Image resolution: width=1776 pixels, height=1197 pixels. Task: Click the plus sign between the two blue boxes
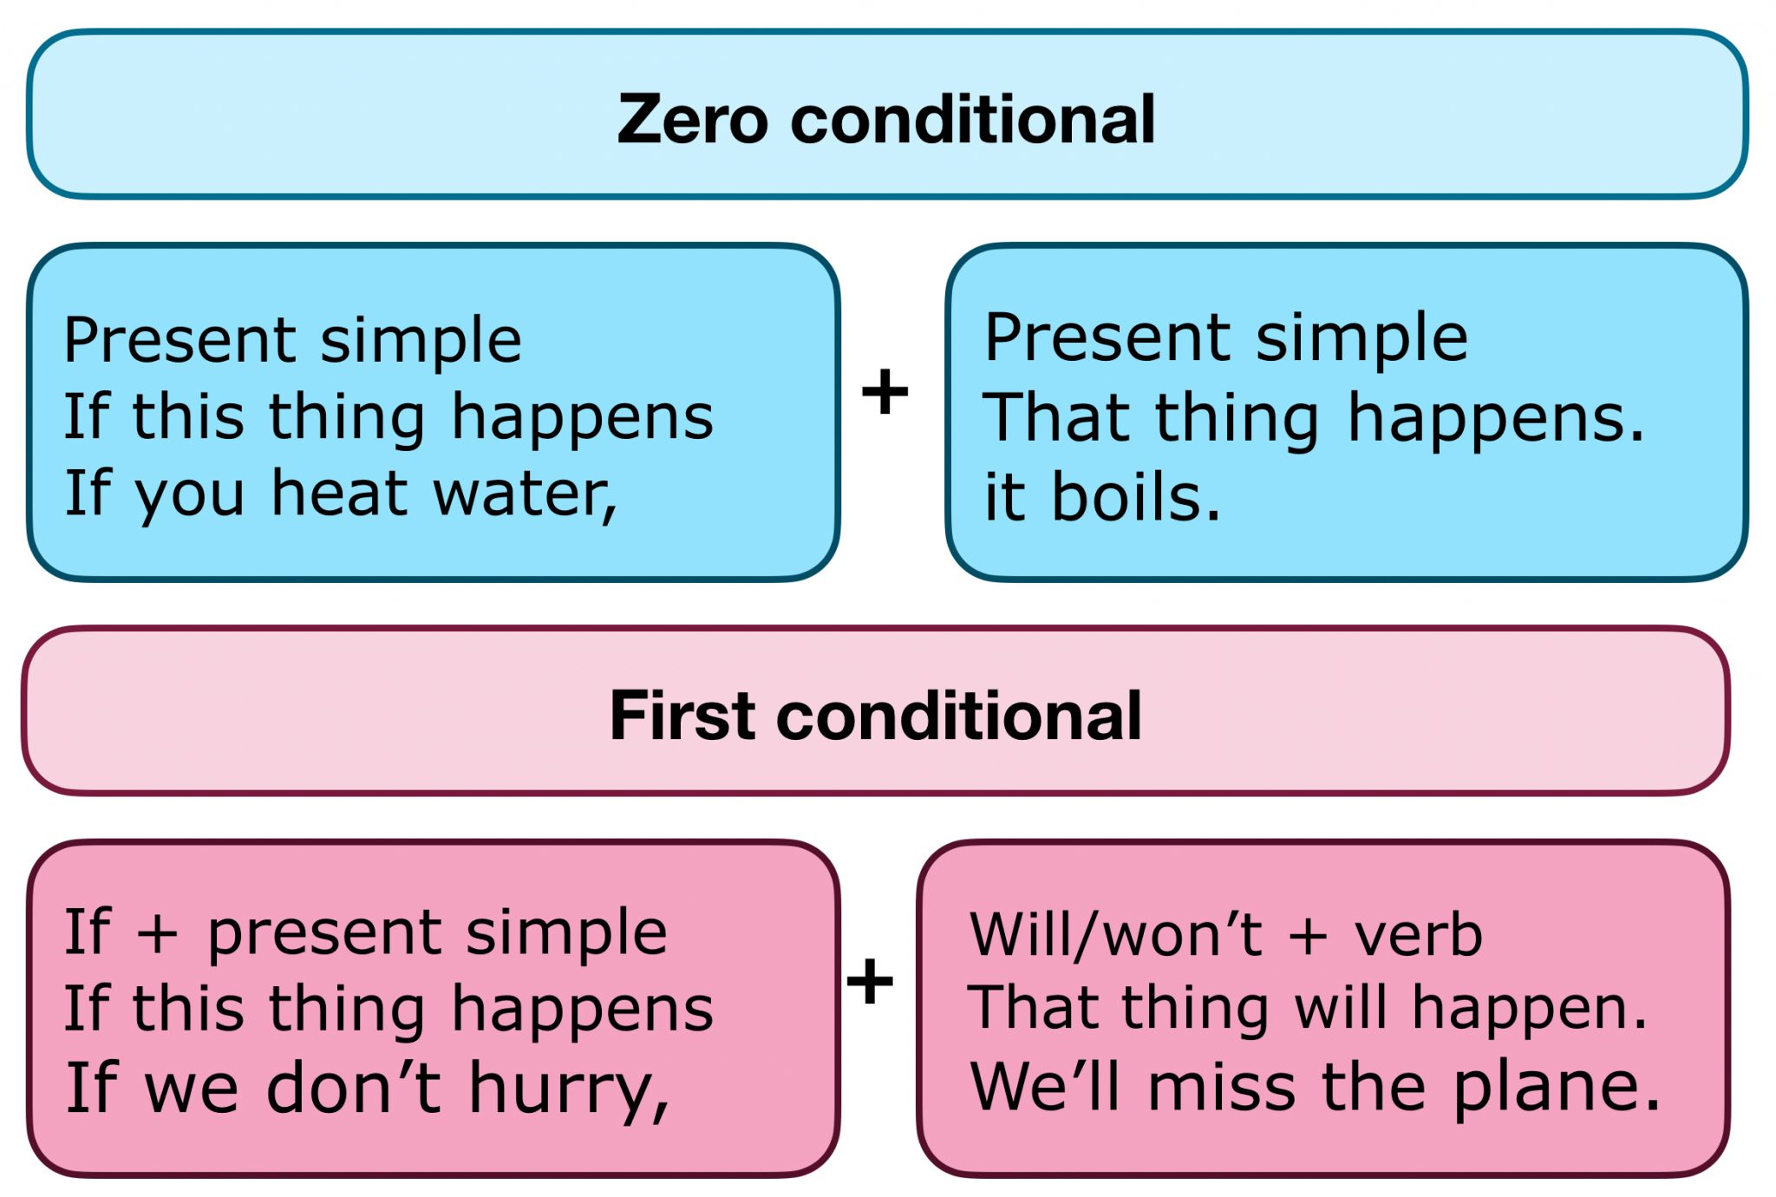pos(885,391)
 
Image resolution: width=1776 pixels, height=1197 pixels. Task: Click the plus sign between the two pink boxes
pos(870,981)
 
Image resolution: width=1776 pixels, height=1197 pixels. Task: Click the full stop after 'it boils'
pos(1211,513)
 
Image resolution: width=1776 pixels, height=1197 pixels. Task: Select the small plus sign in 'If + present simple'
pos(158,935)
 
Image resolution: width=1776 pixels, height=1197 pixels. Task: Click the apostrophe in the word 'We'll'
pos(1067,1068)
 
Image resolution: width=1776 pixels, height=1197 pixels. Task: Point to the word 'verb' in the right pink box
pos(1418,935)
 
